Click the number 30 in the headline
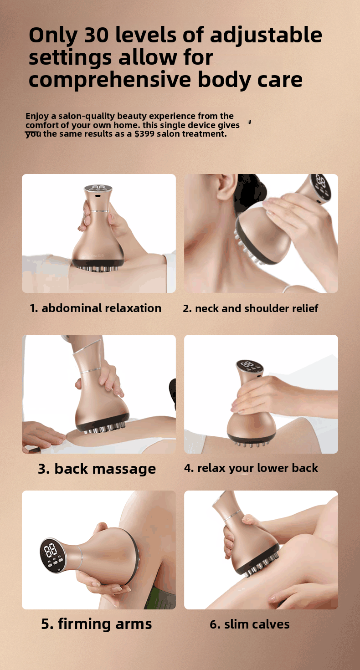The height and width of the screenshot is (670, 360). coord(96,35)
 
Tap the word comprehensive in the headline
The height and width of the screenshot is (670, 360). coord(110,80)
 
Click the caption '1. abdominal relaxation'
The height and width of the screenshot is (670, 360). coord(95,308)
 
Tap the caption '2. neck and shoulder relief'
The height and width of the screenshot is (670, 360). coord(251,308)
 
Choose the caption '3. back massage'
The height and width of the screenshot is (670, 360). coord(97,469)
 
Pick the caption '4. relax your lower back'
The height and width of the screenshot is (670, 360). coord(251,468)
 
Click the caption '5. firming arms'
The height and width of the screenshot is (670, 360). coord(96,624)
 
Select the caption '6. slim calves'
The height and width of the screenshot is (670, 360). coord(250,624)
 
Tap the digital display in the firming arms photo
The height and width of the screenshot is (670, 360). coord(52,555)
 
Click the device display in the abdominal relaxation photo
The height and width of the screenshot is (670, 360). coord(98,188)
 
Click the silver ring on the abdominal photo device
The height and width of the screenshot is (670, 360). coord(100,211)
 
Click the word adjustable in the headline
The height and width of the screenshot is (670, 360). coord(266,36)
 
